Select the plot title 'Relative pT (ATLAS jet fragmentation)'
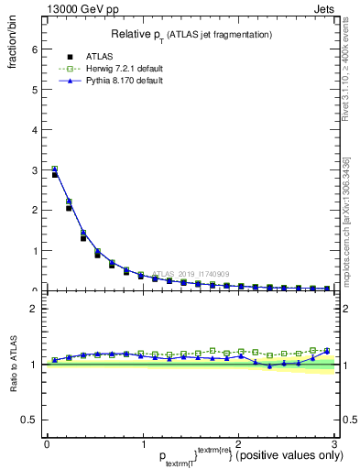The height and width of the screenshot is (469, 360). [190, 34]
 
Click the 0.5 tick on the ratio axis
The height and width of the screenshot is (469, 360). [28, 420]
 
